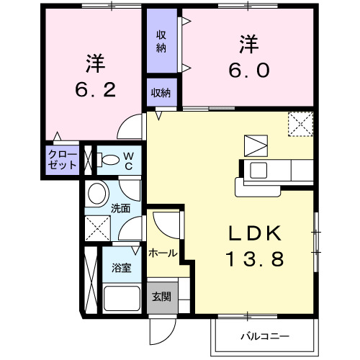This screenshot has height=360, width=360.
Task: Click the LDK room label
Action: pos(254,234)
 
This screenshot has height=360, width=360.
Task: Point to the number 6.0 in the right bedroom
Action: pos(250,71)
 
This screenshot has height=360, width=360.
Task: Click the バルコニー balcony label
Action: pos(264,336)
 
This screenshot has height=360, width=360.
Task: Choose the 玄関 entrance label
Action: pos(161,296)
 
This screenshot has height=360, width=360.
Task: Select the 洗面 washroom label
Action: pos(120,208)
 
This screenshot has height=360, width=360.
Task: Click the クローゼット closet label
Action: pos(63,160)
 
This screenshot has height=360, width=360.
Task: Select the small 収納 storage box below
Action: pos(161,91)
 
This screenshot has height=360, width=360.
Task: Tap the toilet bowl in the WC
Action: pos(109,160)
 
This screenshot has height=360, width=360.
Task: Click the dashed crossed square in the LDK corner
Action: pos(300,124)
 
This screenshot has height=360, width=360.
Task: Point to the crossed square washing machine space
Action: pos(96,230)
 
